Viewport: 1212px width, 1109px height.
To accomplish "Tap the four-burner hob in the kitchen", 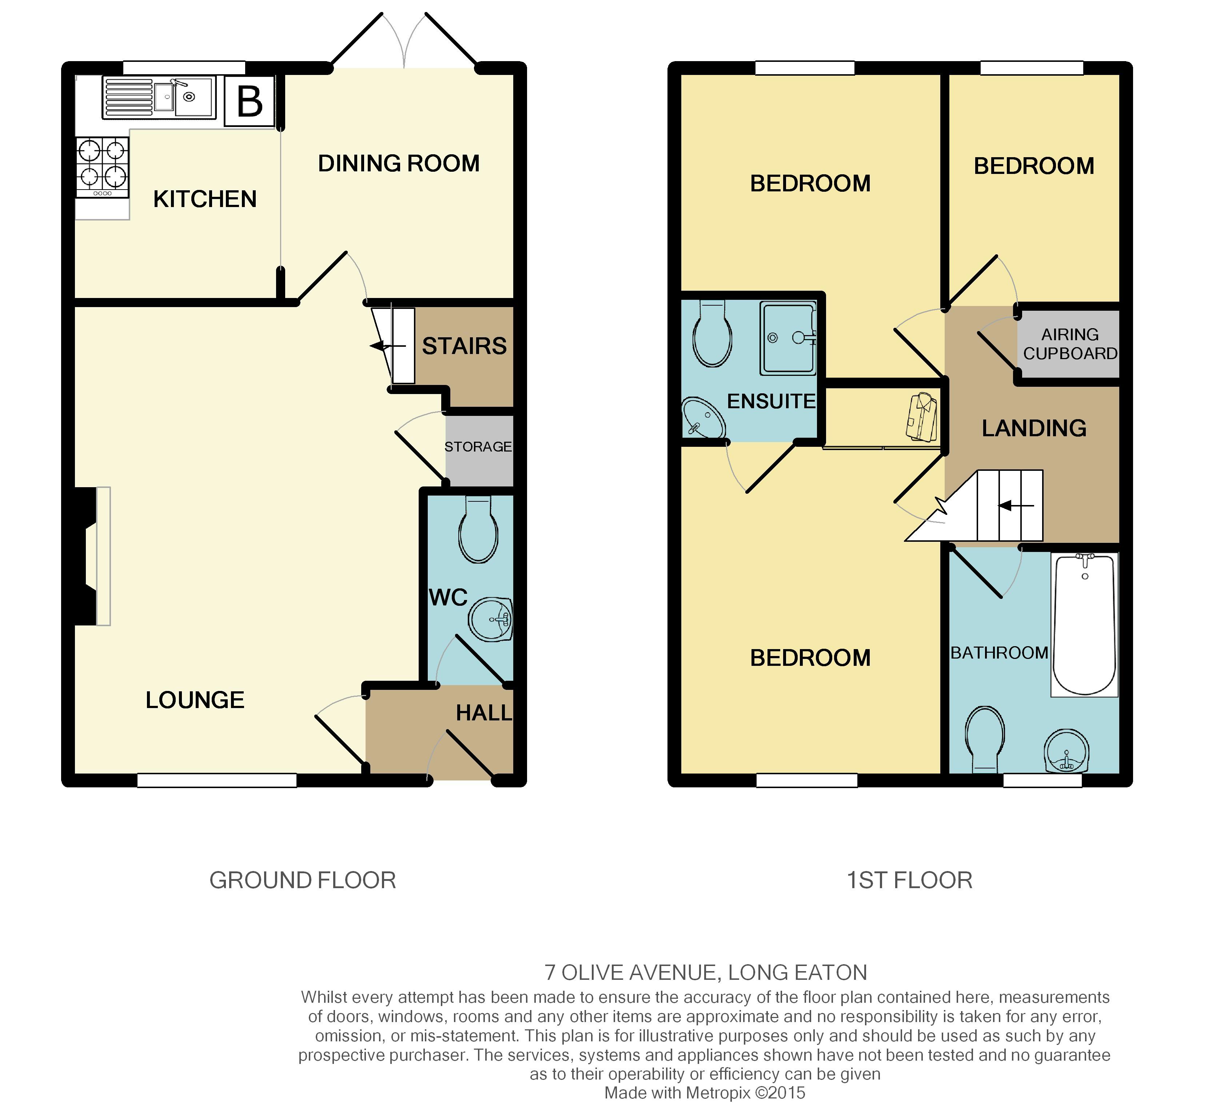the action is coord(102,167).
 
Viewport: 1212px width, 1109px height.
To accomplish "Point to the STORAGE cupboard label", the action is coord(478,447).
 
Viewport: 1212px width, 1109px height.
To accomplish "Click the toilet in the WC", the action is coord(478,530).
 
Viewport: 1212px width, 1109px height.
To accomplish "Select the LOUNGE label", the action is coord(195,700).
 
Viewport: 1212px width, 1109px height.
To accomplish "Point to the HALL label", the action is coord(484,713).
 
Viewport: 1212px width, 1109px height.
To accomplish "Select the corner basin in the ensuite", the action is coord(703,418).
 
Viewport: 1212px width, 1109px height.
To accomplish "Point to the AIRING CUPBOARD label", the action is coord(1070,344).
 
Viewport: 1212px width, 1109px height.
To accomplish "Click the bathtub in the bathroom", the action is coord(1085,624).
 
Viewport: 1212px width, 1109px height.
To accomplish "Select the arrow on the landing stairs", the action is coord(1016,506).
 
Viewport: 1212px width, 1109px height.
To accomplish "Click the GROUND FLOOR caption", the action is coord(302,881).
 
